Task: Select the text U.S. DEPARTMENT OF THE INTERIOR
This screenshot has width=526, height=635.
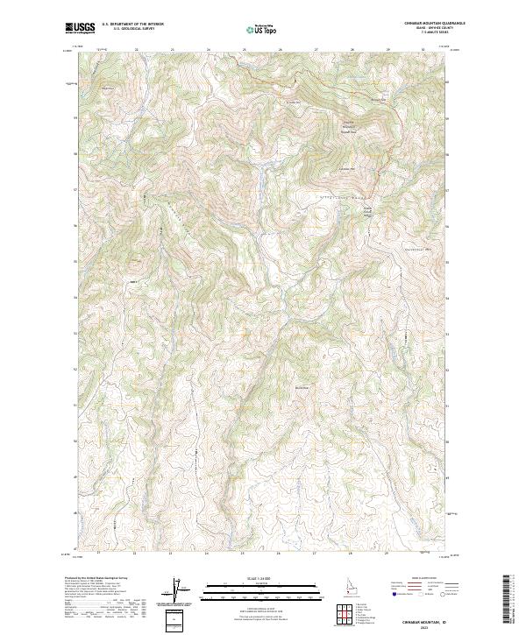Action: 132,25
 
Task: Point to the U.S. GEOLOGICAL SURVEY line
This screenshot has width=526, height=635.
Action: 132,29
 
